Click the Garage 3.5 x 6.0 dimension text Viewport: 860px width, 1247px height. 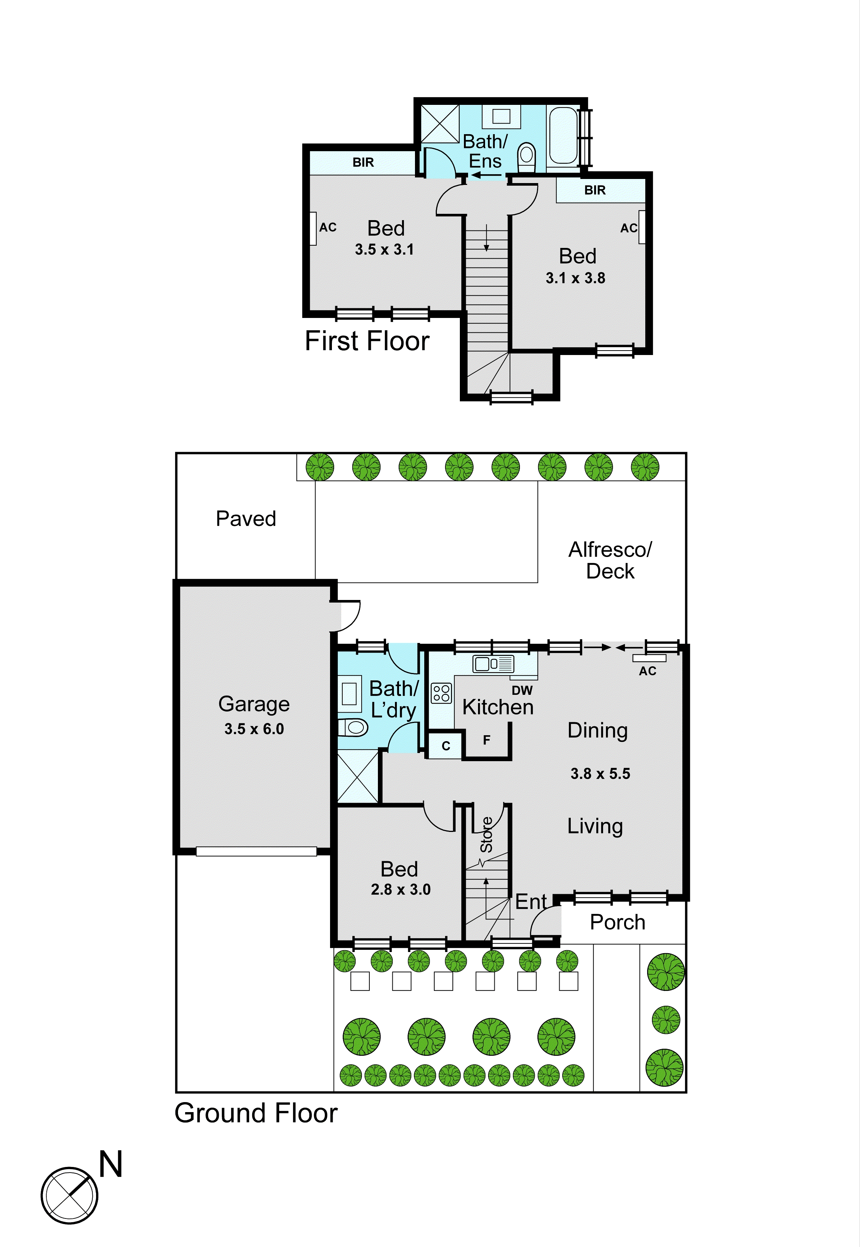(254, 729)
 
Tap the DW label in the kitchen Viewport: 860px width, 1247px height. (522, 690)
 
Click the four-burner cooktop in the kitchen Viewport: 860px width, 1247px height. (441, 693)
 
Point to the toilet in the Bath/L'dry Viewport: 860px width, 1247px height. (353, 728)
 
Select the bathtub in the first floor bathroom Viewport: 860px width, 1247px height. (563, 135)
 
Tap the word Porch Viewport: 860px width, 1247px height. (617, 922)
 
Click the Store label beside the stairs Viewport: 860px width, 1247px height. (487, 835)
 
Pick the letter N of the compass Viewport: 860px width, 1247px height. (111, 1164)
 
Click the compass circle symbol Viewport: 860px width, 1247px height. (69, 1195)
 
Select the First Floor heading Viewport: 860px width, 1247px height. (367, 341)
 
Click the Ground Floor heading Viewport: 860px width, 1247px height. (256, 1112)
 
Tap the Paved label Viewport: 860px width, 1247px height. (246, 518)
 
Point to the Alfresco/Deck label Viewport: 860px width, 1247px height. (610, 560)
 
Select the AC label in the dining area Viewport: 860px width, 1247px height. (647, 671)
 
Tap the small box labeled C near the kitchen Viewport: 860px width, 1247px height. (446, 746)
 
